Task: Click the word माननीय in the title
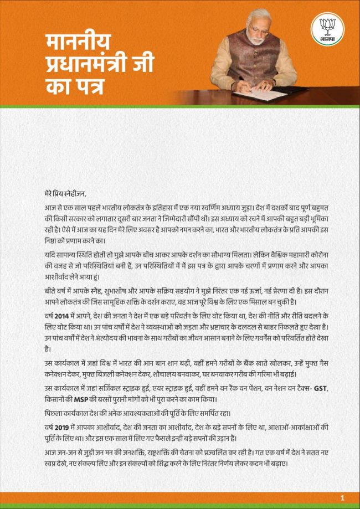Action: [78, 42]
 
